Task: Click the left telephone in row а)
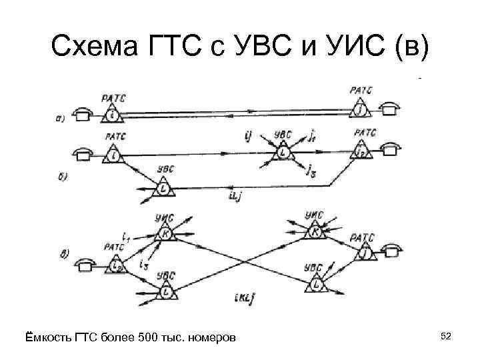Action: (83, 115)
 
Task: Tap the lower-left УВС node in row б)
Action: (163, 189)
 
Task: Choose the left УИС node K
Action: (165, 233)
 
